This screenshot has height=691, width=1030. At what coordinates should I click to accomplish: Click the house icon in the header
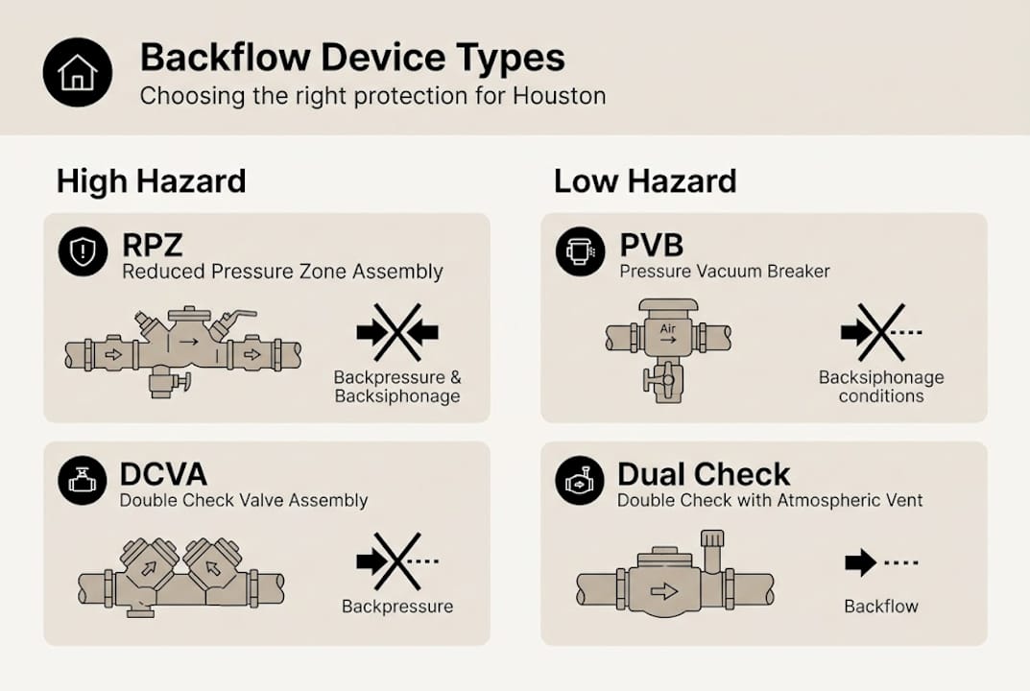tap(78, 72)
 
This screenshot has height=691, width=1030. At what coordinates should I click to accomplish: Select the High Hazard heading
tap(151, 180)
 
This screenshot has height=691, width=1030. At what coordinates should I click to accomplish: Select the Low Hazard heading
tap(645, 180)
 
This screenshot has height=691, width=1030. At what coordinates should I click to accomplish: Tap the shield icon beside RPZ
tap(83, 252)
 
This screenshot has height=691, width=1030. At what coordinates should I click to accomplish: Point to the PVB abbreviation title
tap(651, 246)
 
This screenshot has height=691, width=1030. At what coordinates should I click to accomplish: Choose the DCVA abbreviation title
tap(163, 474)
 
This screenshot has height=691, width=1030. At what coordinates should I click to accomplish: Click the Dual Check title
tap(704, 474)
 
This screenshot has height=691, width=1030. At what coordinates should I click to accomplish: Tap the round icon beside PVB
tap(580, 252)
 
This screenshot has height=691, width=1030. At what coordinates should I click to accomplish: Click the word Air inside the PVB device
tap(668, 328)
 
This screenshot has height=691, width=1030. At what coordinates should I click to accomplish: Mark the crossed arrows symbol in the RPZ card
tap(397, 332)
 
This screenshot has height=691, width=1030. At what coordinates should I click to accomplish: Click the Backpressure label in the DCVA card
tap(397, 607)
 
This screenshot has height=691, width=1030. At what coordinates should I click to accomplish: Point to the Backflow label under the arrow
tap(881, 607)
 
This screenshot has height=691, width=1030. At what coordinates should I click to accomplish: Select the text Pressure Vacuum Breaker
tap(724, 272)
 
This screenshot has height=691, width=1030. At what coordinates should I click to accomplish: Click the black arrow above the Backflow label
tap(860, 562)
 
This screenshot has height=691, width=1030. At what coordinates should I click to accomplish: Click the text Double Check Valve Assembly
tap(243, 500)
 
